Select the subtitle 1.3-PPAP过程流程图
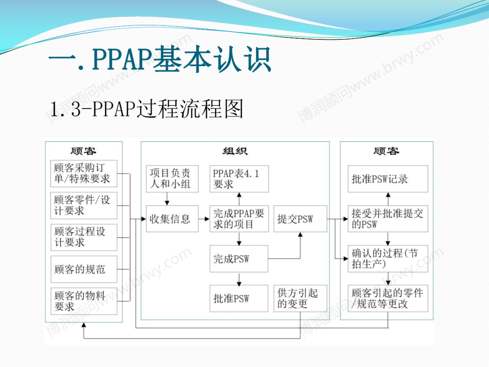pyautogui.click(x=147, y=109)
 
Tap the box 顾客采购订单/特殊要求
pyautogui.click(x=84, y=174)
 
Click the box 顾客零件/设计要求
pyautogui.click(x=84, y=205)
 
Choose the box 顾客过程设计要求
pyautogui.click(x=84, y=237)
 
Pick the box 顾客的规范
pyautogui.click(x=84, y=269)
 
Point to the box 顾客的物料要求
pyautogui.click(x=84, y=301)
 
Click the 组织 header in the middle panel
pyautogui.click(x=235, y=151)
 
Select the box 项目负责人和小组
pyautogui.click(x=170, y=179)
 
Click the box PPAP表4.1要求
pyautogui.click(x=239, y=179)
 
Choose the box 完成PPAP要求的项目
pyautogui.click(x=239, y=219)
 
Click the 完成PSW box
pyautogui.click(x=239, y=259)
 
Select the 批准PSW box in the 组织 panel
pyautogui.click(x=239, y=299)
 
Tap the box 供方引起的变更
pyautogui.click(x=300, y=299)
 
